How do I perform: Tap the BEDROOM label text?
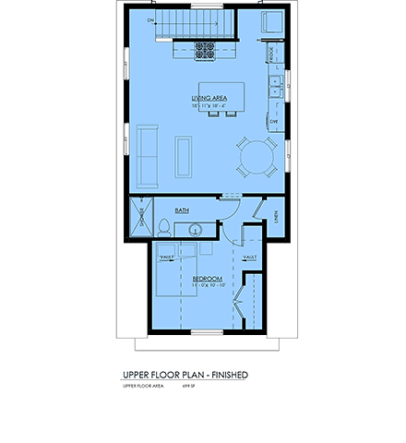coord(208,278)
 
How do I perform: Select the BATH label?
coord(183,210)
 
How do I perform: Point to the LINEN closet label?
coord(277,216)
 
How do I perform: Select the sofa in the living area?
coord(147,155)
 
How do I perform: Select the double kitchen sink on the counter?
coord(276,89)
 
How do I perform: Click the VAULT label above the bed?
coord(167,257)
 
